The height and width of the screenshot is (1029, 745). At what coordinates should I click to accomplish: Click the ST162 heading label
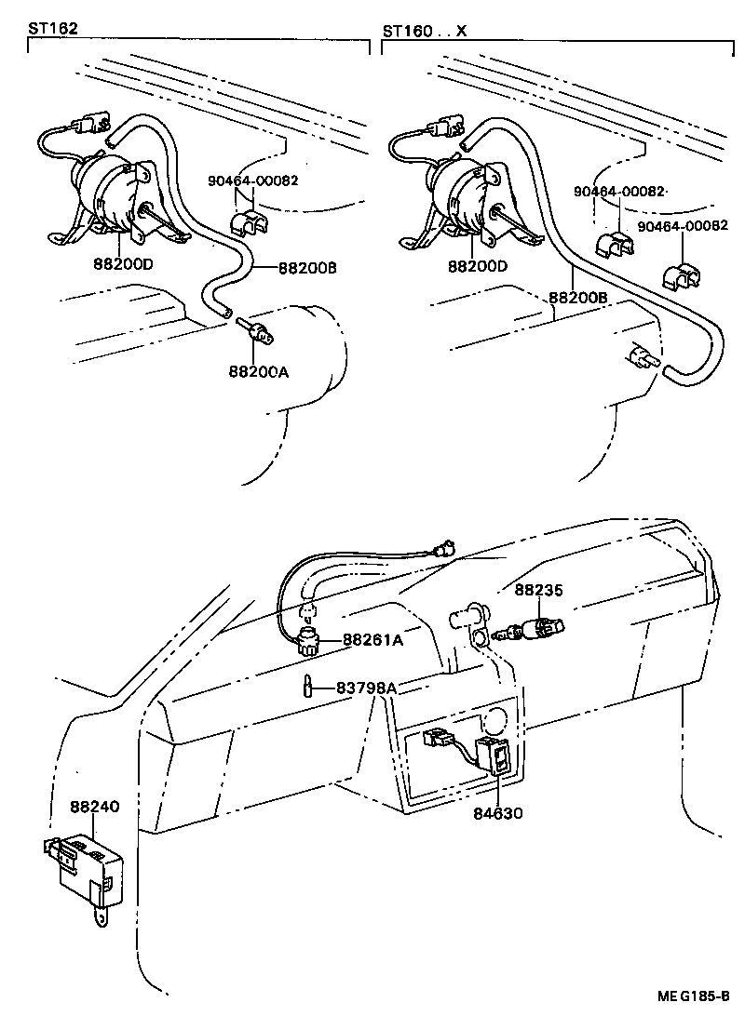click(53, 29)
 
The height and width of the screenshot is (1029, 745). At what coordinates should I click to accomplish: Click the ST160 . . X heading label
click(424, 31)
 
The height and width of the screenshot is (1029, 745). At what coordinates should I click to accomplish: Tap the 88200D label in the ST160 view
click(477, 266)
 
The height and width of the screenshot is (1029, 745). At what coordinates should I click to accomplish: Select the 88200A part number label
click(258, 371)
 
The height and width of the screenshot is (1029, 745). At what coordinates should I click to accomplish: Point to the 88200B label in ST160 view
click(576, 298)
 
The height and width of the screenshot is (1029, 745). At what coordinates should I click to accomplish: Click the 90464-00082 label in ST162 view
click(251, 180)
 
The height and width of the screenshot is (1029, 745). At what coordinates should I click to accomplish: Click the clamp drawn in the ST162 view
click(247, 224)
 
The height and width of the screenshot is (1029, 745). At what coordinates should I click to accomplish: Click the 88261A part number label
click(372, 639)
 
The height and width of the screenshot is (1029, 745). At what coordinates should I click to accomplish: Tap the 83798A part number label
click(366, 688)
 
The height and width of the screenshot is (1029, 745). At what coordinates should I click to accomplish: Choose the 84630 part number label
click(498, 813)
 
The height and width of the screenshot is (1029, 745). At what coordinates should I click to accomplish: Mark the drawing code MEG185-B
click(692, 996)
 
